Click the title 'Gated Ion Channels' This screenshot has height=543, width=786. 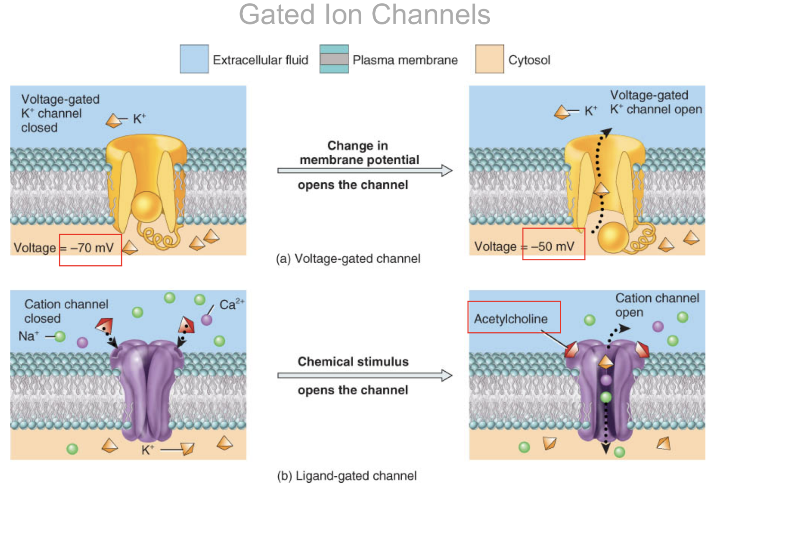tap(364, 15)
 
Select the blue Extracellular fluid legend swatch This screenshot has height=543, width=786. tap(194, 59)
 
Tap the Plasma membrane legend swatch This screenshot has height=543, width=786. tap(334, 59)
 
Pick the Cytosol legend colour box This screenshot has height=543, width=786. tap(489, 59)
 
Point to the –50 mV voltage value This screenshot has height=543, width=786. tap(552, 247)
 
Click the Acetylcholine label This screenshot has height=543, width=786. tap(511, 319)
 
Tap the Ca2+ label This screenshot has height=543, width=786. tap(231, 304)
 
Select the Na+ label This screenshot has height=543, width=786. tap(28, 336)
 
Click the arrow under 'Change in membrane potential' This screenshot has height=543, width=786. tap(364, 170)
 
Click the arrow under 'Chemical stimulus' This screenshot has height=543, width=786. tap(364, 375)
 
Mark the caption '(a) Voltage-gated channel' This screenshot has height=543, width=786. tap(348, 259)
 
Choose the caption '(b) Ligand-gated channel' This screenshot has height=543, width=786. tap(346, 476)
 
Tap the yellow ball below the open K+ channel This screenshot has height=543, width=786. tap(613, 237)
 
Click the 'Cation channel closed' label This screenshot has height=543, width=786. tap(66, 311)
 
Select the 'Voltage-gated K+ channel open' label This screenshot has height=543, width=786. tap(655, 102)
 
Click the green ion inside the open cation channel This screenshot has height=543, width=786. tap(606, 397)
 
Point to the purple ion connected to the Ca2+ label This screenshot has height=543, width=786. tap(207, 320)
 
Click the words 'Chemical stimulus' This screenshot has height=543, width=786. tap(353, 362)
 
